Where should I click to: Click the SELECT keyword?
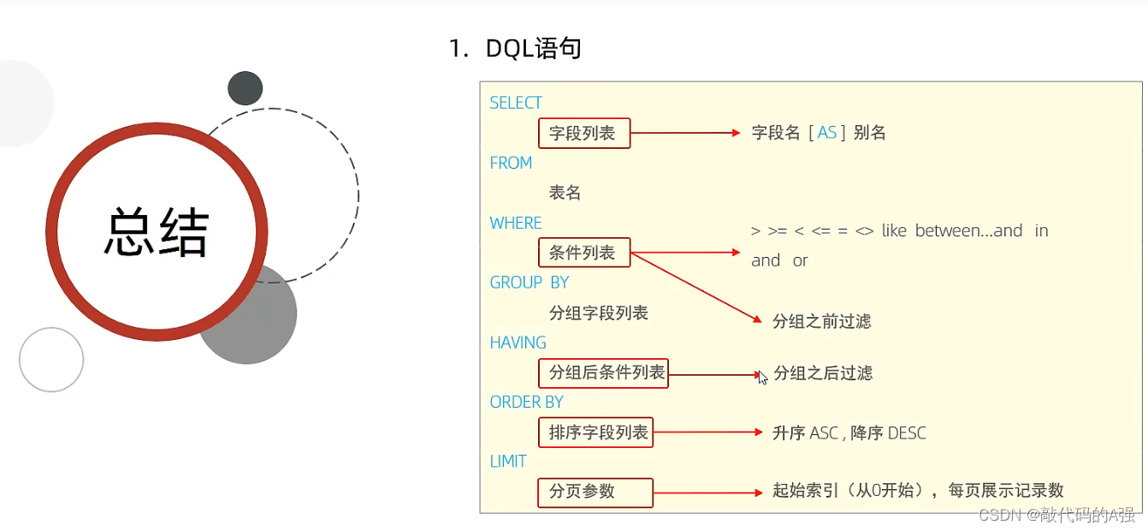[x=516, y=103]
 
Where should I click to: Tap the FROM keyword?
[x=511, y=163]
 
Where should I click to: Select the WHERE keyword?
[x=516, y=223]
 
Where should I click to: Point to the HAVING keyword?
[x=518, y=343]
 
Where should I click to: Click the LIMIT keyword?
[x=508, y=462]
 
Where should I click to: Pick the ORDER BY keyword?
[x=526, y=402]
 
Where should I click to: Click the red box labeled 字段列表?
[x=583, y=133]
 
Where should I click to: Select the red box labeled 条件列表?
[x=583, y=253]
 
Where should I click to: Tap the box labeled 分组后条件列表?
[x=603, y=373]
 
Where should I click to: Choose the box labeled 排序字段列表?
[x=595, y=433]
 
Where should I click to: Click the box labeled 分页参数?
[x=595, y=492]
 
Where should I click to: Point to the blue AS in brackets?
[x=827, y=133]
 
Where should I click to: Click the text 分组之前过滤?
[x=821, y=321]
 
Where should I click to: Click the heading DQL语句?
[x=534, y=49]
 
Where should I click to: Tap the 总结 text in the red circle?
[x=157, y=233]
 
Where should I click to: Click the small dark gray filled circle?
[x=246, y=88]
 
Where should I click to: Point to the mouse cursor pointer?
[x=762, y=377]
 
